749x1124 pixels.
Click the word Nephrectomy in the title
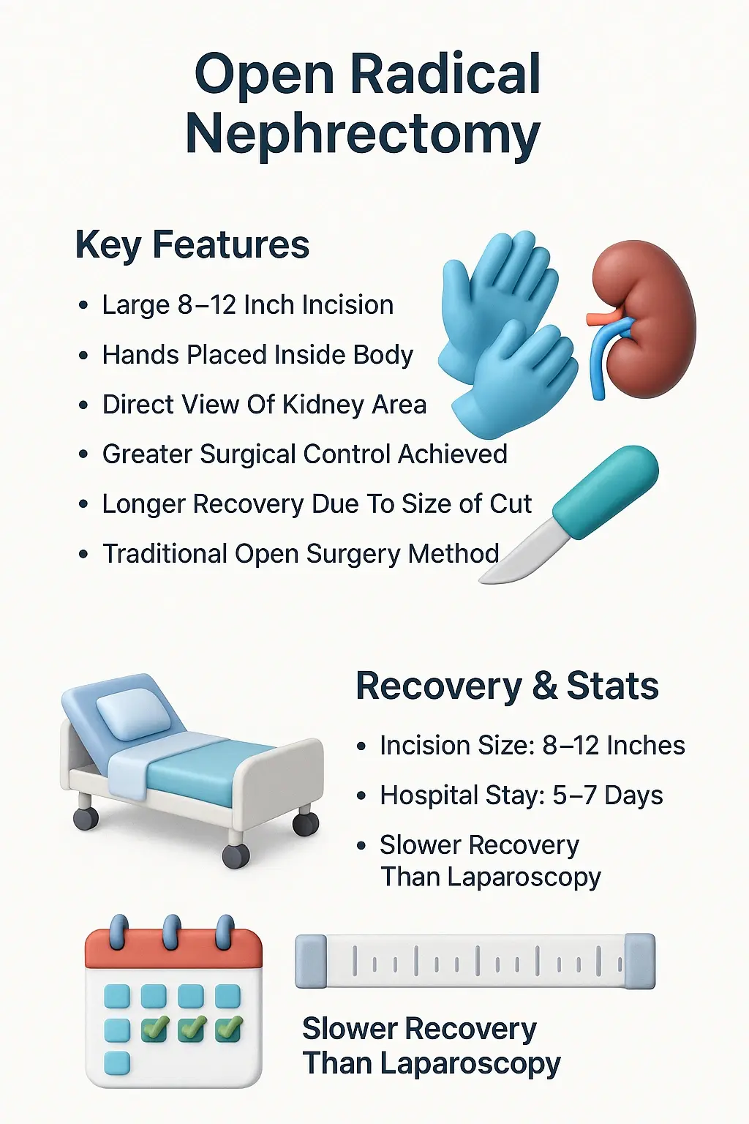click(x=363, y=135)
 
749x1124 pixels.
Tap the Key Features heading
click(x=192, y=244)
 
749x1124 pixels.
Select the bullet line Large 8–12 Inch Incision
click(x=247, y=305)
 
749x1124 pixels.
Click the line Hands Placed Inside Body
click(x=257, y=355)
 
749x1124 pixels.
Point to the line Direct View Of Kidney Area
click(x=264, y=405)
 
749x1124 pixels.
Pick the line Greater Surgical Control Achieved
click(x=304, y=454)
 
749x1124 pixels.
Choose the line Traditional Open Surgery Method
click(x=301, y=554)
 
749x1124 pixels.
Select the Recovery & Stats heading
click(x=507, y=686)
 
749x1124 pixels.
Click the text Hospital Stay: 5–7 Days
click(x=521, y=795)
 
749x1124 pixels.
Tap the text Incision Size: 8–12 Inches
click(x=532, y=746)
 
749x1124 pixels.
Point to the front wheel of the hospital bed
click(x=236, y=855)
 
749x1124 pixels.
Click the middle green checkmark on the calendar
click(x=191, y=1029)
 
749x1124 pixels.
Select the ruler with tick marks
click(x=475, y=961)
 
